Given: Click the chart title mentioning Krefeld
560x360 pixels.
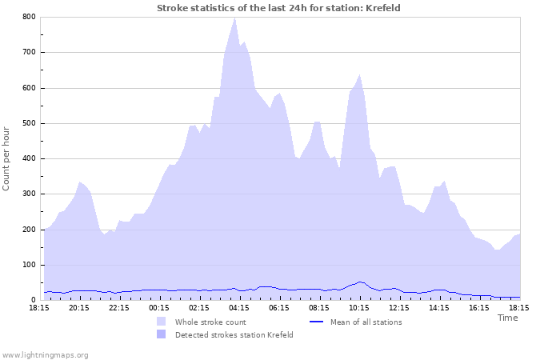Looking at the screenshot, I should click(x=278, y=8).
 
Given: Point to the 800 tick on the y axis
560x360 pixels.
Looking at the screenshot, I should click(x=28, y=17).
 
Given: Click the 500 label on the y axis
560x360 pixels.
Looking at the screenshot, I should click(x=28, y=123).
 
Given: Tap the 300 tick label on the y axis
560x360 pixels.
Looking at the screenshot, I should click(x=28, y=194).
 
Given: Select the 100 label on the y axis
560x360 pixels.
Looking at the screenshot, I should click(x=28, y=265).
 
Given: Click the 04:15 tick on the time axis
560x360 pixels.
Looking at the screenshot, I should click(x=239, y=307).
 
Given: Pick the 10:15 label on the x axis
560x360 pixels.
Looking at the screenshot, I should click(x=359, y=307).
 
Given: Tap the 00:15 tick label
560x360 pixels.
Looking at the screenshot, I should click(x=159, y=307).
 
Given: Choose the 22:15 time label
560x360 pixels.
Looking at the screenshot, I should click(x=119, y=307).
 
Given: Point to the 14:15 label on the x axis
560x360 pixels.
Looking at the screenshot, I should click(x=439, y=307).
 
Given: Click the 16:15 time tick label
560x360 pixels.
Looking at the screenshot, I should click(x=479, y=307).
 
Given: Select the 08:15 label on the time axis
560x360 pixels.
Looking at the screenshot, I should click(x=319, y=307).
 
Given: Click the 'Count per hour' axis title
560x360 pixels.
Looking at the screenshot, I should click(x=7, y=158).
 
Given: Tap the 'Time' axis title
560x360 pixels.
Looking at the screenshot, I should click(x=507, y=318).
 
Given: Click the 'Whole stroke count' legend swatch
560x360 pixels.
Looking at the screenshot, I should click(x=162, y=322).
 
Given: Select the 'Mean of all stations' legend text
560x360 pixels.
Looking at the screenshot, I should click(x=366, y=322).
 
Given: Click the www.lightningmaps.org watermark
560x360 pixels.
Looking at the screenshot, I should click(x=45, y=354).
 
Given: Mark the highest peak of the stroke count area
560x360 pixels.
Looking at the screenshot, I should click(x=234, y=18).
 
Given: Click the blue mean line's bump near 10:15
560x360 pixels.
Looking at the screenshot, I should click(x=360, y=282).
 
